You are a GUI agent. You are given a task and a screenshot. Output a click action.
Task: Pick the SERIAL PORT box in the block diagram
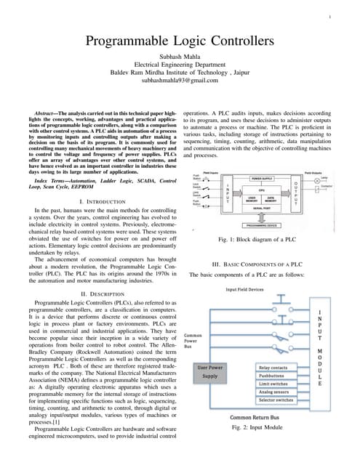(x=263, y=209)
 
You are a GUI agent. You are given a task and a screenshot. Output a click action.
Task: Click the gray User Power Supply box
(x=209, y=372)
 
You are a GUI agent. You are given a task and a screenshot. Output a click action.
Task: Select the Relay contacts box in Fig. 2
(x=277, y=368)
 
